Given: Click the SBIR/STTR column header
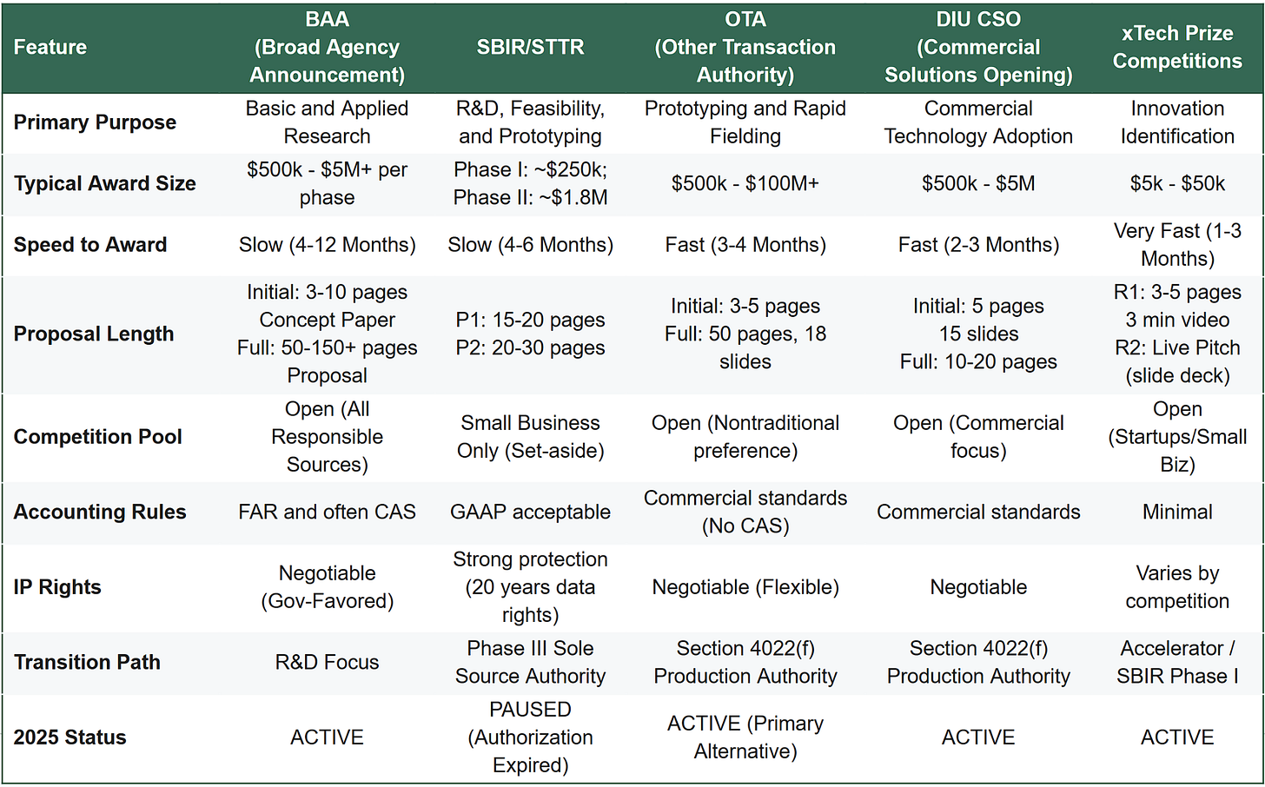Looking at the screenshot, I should pos(530,47).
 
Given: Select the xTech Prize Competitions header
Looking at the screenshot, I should pos(1177,47).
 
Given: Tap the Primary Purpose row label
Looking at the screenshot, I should pos(95,122).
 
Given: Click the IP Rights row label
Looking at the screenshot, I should pos(57,587).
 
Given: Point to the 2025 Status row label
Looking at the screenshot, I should pos(70,737).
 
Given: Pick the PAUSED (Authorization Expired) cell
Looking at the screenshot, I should pos(530,737).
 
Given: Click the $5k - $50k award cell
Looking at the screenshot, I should pos(1177,183).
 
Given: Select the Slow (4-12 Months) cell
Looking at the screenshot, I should pos(327,245).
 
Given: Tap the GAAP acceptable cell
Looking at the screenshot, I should pos(530,513).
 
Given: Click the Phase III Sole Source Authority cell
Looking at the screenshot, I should pos(530,662).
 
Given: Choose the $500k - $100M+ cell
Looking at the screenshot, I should pos(745,183).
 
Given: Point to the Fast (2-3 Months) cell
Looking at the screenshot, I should pos(978,245).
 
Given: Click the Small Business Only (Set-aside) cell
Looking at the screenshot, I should pos(530,437).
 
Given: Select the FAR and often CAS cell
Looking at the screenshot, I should pos(327,513).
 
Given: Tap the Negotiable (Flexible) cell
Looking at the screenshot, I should pos(745,587).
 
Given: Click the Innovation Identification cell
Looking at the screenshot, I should pos(1177,122).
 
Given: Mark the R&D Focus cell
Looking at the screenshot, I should pos(327,662).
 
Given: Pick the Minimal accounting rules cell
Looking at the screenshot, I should pos(1177,513).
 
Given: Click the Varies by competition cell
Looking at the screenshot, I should pos(1177,587).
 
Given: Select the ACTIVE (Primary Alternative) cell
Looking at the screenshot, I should pos(745,737).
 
